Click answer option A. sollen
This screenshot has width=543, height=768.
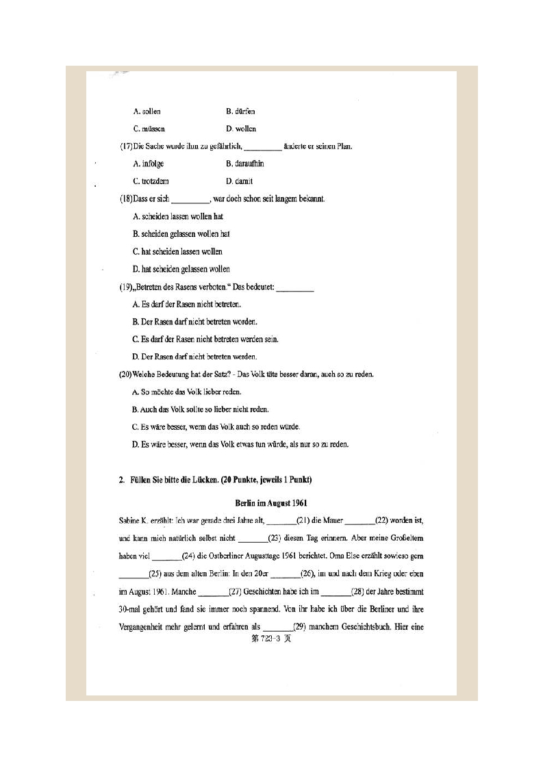(147, 111)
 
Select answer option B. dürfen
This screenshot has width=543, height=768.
(240, 111)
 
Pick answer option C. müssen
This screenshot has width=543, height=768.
(149, 129)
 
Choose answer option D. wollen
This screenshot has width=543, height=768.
(240, 129)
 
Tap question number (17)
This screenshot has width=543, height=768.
(126, 146)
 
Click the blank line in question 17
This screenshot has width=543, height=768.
(262, 147)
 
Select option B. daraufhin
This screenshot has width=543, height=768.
(244, 164)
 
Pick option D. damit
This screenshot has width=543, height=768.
(239, 181)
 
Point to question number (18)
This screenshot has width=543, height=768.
(126, 199)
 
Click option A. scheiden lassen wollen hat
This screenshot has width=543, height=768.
(178, 216)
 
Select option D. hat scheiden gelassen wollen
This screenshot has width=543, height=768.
(181, 269)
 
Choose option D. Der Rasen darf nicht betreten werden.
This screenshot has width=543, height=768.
(194, 357)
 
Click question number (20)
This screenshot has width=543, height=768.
(126, 374)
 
